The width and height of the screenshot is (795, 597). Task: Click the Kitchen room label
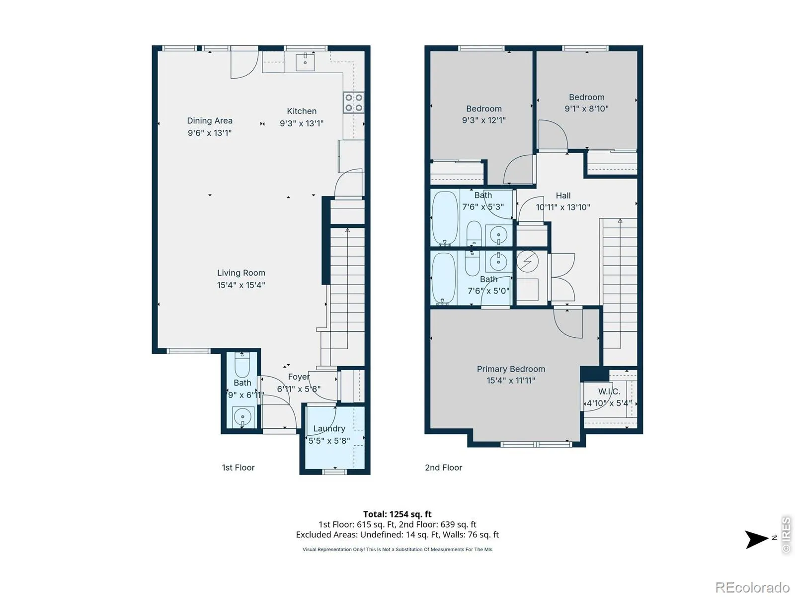[301, 111]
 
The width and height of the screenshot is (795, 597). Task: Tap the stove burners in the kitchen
[353, 102]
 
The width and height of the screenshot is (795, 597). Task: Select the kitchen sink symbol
[305, 62]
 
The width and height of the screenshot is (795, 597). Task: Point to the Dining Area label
[210, 121]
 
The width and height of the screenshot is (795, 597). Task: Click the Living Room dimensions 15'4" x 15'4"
[241, 285]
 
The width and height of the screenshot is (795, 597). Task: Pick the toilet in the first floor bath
[242, 365]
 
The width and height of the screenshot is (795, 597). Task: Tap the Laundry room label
[329, 429]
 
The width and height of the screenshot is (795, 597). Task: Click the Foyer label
[299, 377]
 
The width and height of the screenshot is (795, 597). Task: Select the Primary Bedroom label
[511, 369]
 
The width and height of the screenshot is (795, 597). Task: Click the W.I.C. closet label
[609, 392]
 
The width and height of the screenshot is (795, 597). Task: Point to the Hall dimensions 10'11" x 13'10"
[563, 207]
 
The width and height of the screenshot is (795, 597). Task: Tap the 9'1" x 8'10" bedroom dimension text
[586, 108]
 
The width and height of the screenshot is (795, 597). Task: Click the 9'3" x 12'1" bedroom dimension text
[483, 120]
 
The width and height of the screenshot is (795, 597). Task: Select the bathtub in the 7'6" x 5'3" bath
[445, 218]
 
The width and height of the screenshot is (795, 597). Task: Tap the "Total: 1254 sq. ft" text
[397, 514]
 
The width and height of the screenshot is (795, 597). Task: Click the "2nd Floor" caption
[443, 468]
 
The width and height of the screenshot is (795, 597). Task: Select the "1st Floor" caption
[238, 468]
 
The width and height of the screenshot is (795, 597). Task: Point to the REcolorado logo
[752, 587]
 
